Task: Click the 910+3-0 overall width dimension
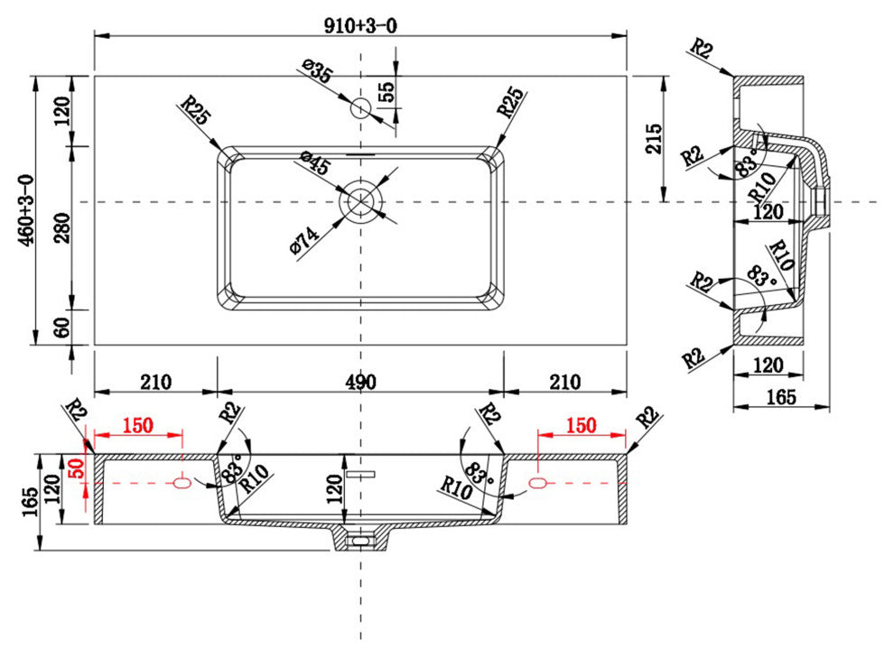[x=360, y=25]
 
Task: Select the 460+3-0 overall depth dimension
[x=26, y=211]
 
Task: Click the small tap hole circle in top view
[x=360, y=107]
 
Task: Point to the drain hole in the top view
[x=360, y=201]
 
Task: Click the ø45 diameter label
[x=315, y=162]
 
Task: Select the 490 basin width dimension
[x=360, y=381]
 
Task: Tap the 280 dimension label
[x=62, y=228]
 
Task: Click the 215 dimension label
[x=654, y=138]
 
